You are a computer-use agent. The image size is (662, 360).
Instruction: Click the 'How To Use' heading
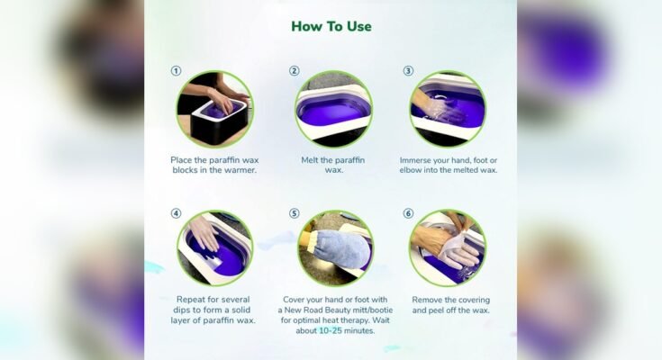331,26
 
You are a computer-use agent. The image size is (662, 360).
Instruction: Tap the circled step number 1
176,71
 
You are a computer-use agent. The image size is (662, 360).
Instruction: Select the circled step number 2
294,71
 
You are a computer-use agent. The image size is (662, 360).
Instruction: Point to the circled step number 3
408,71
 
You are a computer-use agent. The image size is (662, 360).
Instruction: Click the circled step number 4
176,214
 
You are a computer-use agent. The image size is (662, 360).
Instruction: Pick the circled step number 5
294,214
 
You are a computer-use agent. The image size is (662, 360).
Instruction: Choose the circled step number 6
408,214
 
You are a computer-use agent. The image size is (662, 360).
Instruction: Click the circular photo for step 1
213,109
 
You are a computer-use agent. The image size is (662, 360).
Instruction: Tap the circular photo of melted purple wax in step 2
333,109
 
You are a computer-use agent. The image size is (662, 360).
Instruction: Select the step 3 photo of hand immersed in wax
448,109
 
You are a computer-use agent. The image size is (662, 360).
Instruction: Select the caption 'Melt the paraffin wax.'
333,164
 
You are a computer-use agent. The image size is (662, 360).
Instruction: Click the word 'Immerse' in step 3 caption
420,158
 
